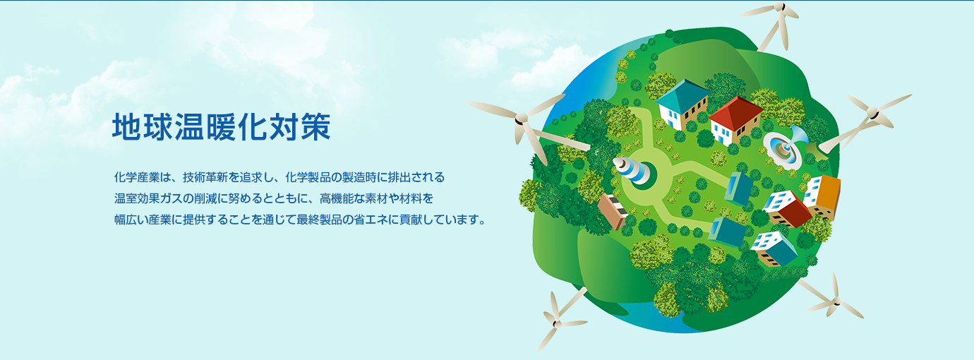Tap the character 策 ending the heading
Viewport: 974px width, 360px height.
click(315, 127)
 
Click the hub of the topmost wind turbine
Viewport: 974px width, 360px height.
click(781, 7)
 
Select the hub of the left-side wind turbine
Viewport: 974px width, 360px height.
click(520, 118)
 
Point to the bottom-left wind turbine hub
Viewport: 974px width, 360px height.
click(556, 323)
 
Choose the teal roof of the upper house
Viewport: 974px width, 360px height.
click(683, 95)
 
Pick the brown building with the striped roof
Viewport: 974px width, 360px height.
click(612, 211)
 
